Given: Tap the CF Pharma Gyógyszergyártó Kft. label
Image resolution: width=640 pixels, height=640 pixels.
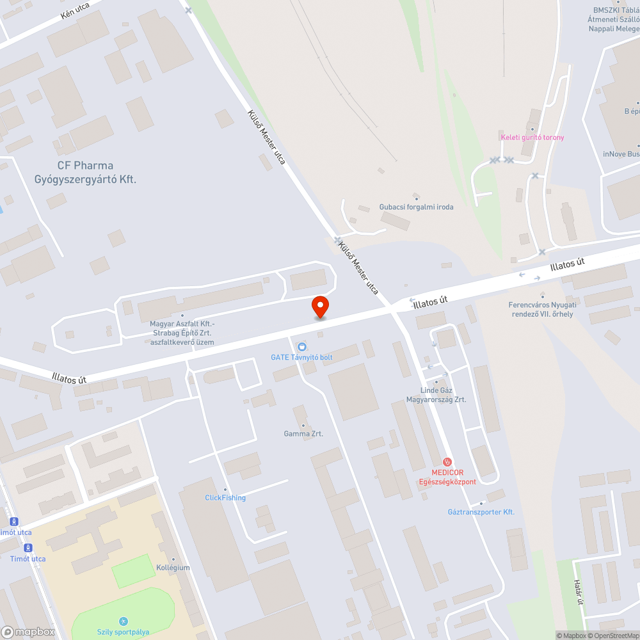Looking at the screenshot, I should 85,173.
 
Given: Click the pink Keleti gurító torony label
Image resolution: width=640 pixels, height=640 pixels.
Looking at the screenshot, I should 532,137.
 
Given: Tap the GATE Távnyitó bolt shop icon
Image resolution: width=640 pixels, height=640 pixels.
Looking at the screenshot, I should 302,346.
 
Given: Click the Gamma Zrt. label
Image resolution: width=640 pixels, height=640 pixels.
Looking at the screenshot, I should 303,433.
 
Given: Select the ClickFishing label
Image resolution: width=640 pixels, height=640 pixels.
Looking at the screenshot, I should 225,497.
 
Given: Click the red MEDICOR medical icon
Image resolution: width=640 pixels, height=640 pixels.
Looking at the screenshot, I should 448,462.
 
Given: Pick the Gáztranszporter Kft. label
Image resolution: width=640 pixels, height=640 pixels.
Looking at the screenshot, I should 481,512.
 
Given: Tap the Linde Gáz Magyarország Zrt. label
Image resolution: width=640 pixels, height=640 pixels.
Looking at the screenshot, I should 436,395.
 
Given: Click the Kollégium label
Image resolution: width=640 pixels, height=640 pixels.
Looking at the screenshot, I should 173,568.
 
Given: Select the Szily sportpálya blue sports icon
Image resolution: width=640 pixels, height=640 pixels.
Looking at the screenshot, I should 123,621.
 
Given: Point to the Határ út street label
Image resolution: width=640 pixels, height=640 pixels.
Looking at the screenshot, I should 579,592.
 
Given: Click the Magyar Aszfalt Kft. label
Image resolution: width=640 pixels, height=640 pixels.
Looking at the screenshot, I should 182,333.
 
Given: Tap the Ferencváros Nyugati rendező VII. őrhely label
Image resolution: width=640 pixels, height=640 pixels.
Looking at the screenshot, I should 542,309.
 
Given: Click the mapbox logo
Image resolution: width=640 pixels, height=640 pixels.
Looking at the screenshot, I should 28,632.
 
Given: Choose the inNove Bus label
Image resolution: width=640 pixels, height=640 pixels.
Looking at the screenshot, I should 621,154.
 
